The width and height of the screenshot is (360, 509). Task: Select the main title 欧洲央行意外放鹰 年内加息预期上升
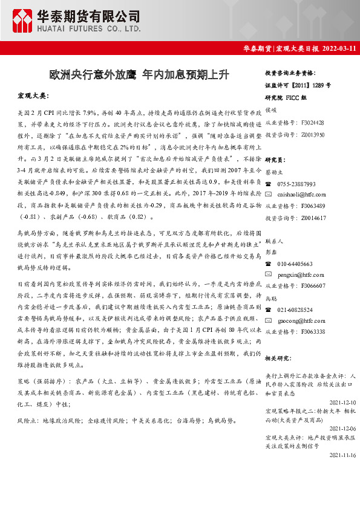click(139, 75)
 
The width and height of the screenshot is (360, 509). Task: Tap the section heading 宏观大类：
click(33, 96)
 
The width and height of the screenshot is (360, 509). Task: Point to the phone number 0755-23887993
click(296, 183)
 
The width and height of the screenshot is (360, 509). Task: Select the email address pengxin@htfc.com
click(301, 274)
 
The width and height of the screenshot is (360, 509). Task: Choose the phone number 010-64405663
click(296, 264)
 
